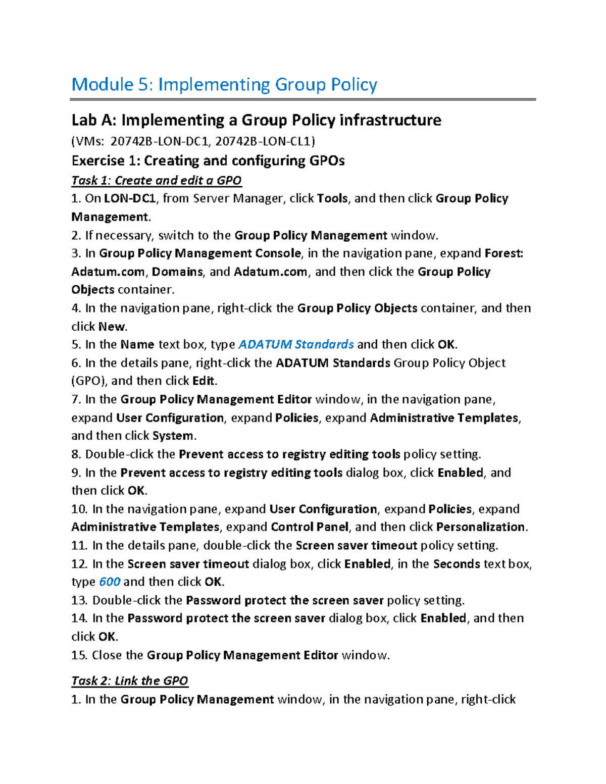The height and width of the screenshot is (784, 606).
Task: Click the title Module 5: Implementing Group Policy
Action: (224, 84)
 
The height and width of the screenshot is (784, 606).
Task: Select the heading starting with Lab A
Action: (256, 120)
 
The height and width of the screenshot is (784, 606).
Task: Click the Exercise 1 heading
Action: (208, 161)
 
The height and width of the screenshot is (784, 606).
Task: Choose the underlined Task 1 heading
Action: (157, 180)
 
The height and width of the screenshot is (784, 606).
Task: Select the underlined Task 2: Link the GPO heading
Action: (130, 681)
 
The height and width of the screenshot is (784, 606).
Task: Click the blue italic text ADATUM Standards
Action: (295, 344)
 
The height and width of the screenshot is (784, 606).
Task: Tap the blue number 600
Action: (110, 582)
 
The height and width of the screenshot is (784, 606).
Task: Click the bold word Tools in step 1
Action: (332, 198)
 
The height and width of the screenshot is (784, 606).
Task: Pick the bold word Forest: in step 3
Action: (503, 253)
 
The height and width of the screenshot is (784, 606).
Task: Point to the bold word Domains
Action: (177, 272)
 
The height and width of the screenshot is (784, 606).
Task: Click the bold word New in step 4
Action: (112, 326)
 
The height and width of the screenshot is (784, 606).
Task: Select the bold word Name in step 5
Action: (137, 344)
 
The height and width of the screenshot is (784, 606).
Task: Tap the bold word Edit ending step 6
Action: (204, 381)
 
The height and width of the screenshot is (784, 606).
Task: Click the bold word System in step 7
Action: (173, 436)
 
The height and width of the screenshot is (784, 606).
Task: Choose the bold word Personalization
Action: (480, 527)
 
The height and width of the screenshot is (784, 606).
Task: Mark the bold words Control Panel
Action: (310, 527)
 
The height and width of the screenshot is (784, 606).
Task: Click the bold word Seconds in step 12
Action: (457, 563)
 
